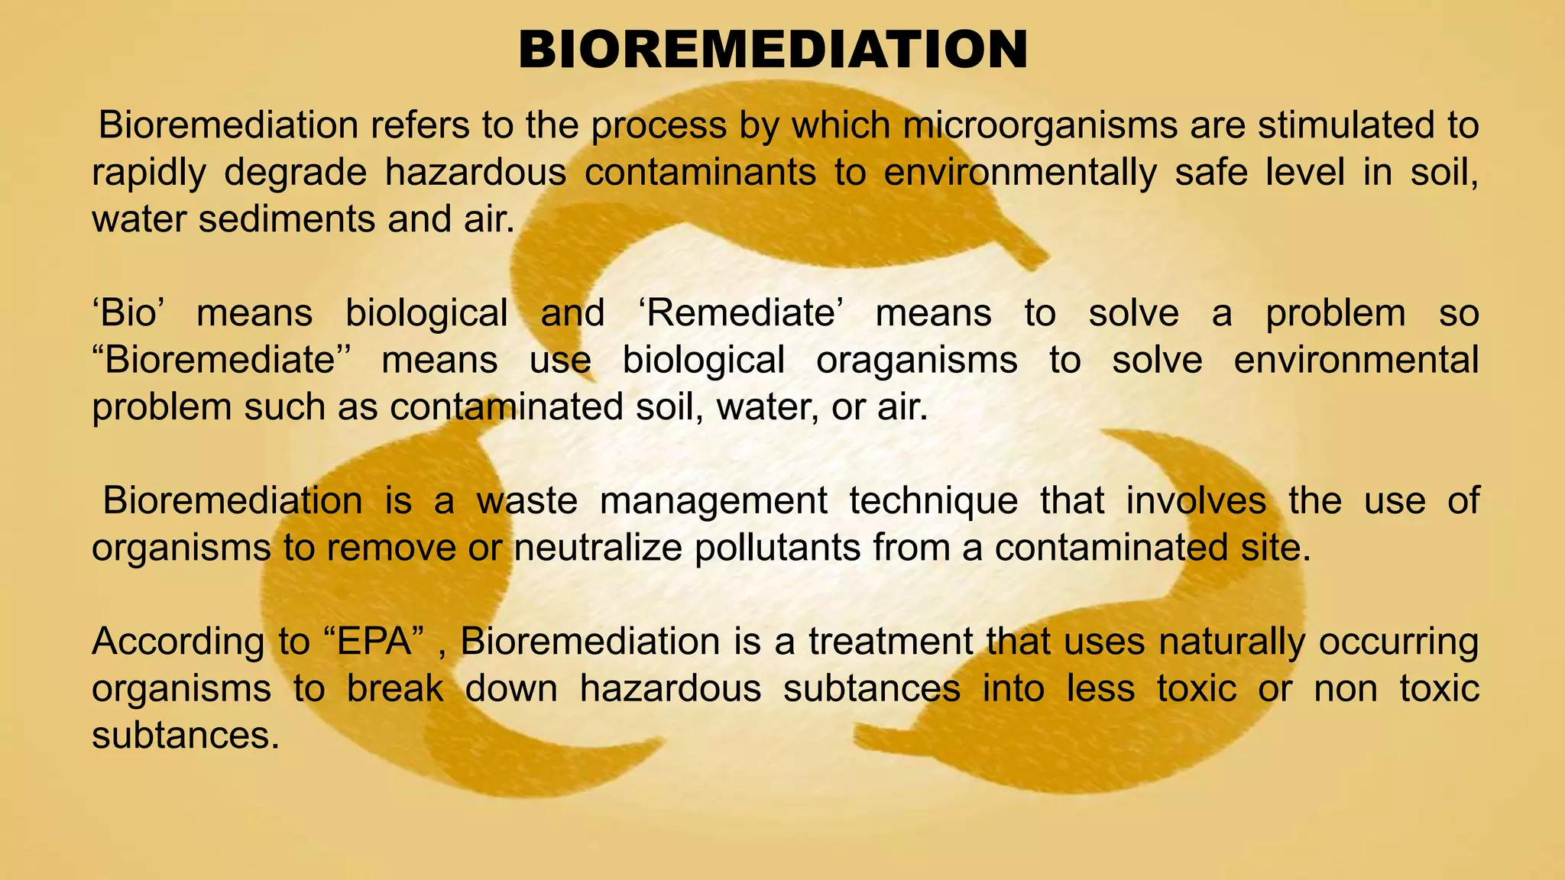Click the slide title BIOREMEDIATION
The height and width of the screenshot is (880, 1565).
773,50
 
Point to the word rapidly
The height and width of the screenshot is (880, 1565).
149,173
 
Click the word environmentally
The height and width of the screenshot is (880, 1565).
1020,173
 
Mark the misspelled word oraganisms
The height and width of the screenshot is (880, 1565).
917,360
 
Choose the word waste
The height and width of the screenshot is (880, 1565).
527,501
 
